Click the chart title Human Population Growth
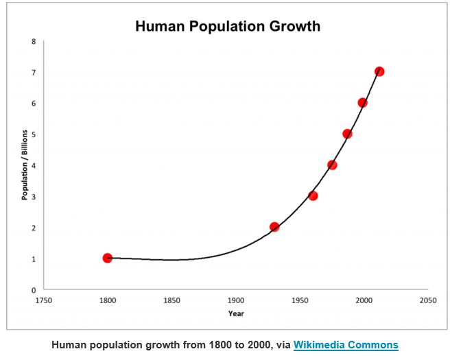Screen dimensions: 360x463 (x=228, y=27)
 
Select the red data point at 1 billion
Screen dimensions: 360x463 (x=107, y=258)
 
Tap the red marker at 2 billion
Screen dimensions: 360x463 (x=274, y=226)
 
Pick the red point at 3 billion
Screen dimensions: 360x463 (x=313, y=195)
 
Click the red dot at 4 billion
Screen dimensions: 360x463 (x=332, y=165)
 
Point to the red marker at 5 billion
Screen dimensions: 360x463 (x=347, y=134)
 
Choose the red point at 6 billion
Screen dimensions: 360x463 (x=362, y=103)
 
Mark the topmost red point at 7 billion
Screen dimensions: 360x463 (x=379, y=71)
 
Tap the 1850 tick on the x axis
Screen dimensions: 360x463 (x=171, y=300)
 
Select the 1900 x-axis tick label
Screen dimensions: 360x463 (x=235, y=300)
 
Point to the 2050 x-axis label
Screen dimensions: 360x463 (x=428, y=300)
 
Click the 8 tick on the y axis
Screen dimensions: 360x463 (x=33, y=41)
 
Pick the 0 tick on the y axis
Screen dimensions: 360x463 (x=33, y=290)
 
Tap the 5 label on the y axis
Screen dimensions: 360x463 (x=33, y=134)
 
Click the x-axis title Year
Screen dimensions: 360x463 (x=235, y=313)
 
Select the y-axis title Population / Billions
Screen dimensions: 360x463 (x=25, y=165)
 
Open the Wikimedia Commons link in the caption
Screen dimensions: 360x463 (x=346, y=345)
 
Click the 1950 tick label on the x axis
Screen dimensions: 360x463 (x=300, y=300)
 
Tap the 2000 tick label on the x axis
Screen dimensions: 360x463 (x=364, y=300)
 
